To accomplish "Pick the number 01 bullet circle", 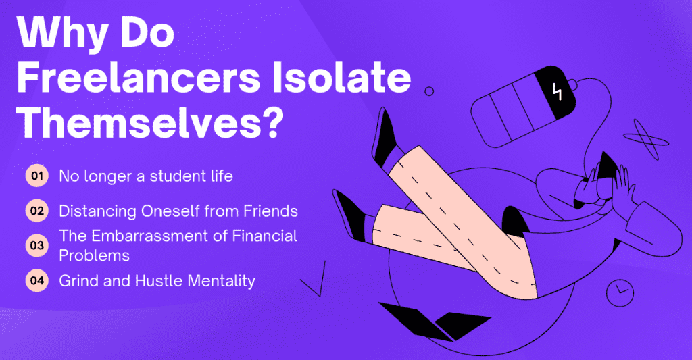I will (x=36, y=177).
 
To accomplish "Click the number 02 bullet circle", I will (x=36, y=211).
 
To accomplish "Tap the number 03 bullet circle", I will (x=36, y=245).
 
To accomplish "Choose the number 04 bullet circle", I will (x=36, y=279).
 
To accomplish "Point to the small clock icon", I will (x=620, y=292).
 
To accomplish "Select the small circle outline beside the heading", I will (x=428, y=91).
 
